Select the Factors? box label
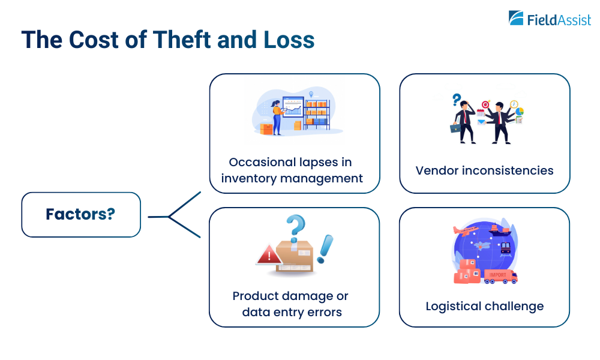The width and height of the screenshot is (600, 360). click(x=80, y=214)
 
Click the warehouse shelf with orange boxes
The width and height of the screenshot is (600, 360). click(x=316, y=112)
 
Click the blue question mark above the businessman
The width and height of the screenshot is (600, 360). click(x=457, y=98)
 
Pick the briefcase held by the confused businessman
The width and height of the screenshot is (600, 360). click(x=455, y=127)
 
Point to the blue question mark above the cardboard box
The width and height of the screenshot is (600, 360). click(x=295, y=226)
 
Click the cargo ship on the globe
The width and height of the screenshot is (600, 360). click(x=499, y=229)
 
